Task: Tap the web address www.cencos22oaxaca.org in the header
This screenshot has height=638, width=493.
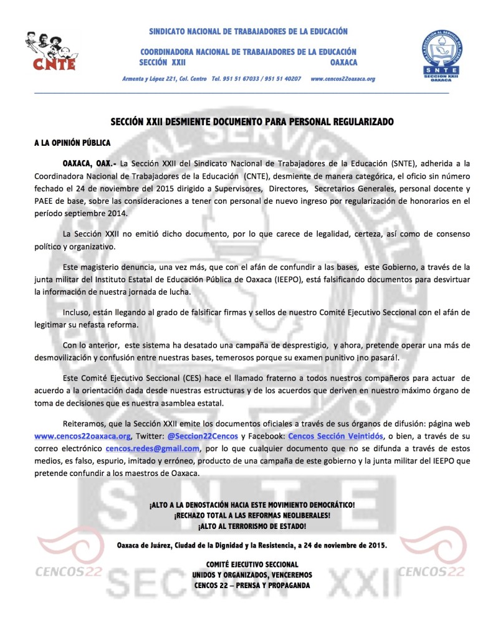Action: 342,79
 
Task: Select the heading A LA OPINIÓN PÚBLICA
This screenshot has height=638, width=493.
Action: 72,143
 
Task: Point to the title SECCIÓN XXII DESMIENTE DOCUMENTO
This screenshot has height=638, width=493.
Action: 252,121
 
